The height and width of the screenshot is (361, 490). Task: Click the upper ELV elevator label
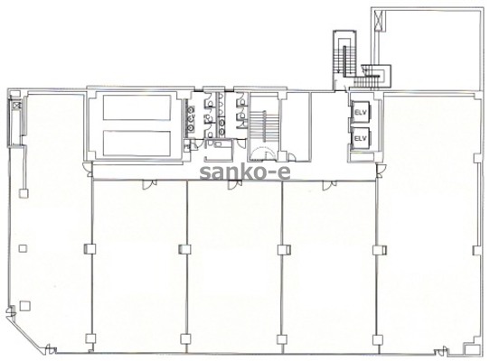click(x=360, y=112)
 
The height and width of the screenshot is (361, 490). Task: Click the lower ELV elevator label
click(x=360, y=137)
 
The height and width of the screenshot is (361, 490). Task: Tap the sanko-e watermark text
click(x=245, y=172)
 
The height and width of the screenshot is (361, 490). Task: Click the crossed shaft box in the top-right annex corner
click(x=379, y=20)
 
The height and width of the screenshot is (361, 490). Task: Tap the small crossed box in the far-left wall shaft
click(x=16, y=105)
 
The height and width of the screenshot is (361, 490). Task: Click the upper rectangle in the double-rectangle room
click(x=137, y=107)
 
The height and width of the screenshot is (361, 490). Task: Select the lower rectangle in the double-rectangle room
click(x=137, y=143)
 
